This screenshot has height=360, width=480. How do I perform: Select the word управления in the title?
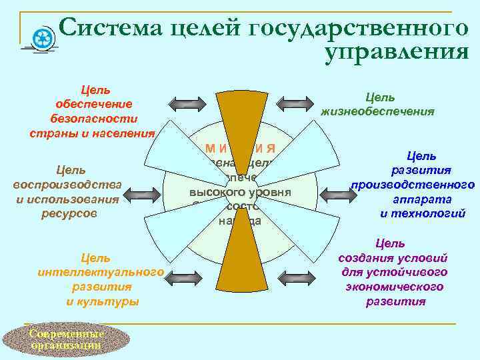click(x=397, y=52)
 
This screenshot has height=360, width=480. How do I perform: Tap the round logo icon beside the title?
click(x=43, y=37)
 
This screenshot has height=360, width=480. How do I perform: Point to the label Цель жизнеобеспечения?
click(x=378, y=105)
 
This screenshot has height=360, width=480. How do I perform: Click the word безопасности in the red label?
click(x=94, y=118)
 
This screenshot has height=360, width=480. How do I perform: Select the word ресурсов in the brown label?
click(x=70, y=213)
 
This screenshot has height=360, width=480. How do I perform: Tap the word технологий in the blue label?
click(x=422, y=213)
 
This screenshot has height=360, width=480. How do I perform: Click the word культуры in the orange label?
click(x=102, y=301)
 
